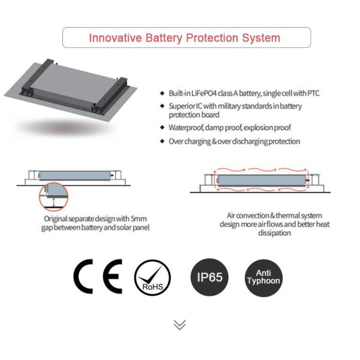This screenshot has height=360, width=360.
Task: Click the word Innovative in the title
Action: (x=115, y=38)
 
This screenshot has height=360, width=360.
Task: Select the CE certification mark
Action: (x=98, y=277)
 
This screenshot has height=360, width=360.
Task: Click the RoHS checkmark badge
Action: (x=152, y=277)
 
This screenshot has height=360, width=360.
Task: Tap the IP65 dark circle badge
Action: (x=209, y=277)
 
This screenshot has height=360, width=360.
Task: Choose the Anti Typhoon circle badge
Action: (x=264, y=278)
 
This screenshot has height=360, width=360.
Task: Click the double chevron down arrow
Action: (x=180, y=325)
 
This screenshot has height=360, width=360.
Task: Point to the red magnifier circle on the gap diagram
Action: (x=54, y=197)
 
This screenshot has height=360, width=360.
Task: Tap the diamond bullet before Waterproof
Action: (x=163, y=127)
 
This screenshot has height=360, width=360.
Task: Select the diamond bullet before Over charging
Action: (x=163, y=141)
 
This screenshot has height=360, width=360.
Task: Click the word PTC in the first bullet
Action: (x=313, y=93)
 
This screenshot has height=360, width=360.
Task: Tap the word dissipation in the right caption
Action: (x=274, y=233)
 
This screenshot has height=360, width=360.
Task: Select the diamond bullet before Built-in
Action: (x=163, y=93)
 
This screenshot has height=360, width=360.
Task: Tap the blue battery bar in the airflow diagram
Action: (x=262, y=180)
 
